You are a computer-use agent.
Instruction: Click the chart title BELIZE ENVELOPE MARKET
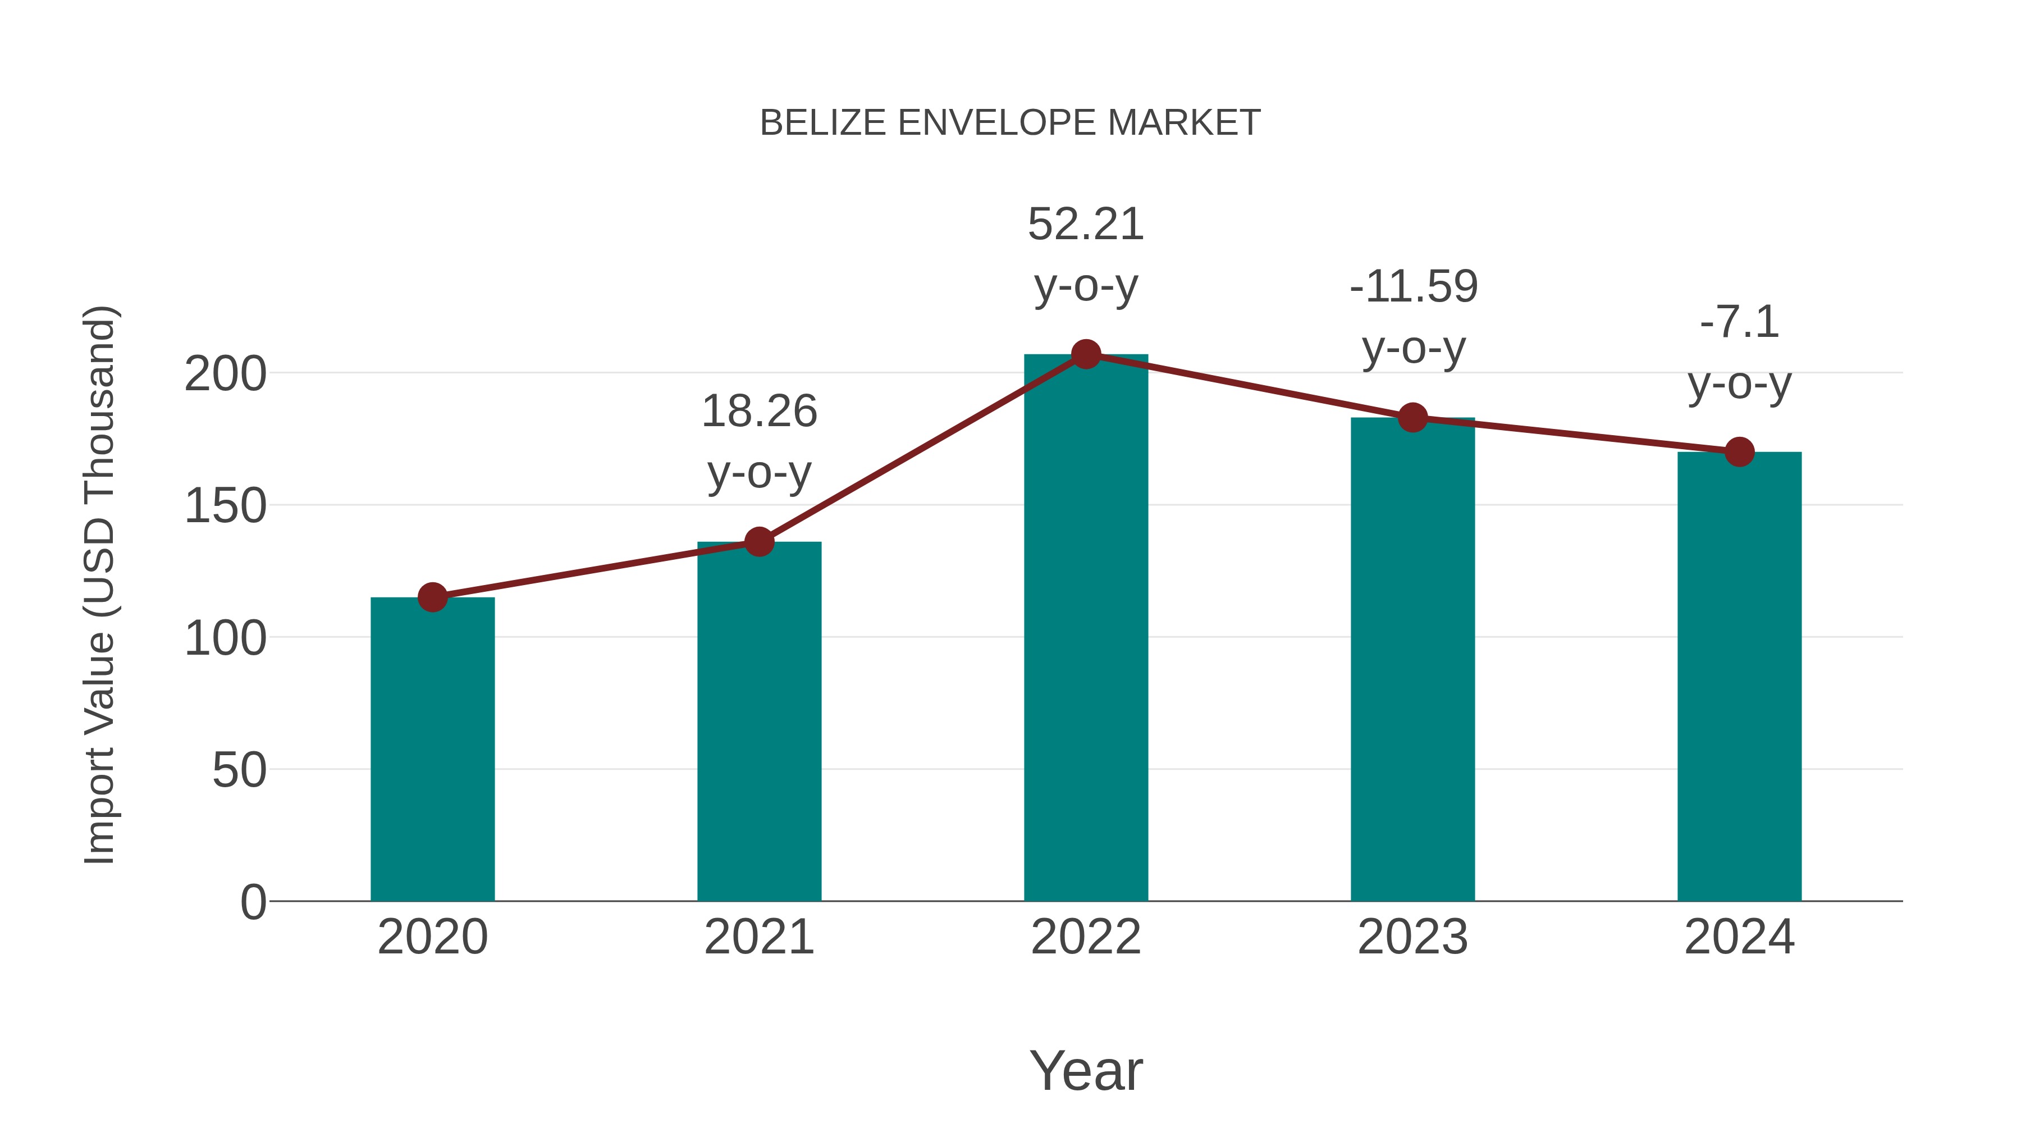click(x=1010, y=123)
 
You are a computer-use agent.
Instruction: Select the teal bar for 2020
click(x=432, y=750)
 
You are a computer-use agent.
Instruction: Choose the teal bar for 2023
click(x=1412, y=659)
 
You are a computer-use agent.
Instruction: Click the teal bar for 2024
click(x=1739, y=677)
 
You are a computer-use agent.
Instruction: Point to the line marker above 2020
click(x=432, y=597)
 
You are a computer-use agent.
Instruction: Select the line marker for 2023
click(x=1412, y=417)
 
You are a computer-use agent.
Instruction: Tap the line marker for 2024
click(x=1739, y=452)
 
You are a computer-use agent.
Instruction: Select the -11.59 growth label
click(x=1413, y=286)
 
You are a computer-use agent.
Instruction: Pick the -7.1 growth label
click(x=1739, y=322)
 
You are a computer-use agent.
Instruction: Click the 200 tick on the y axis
click(x=225, y=375)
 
